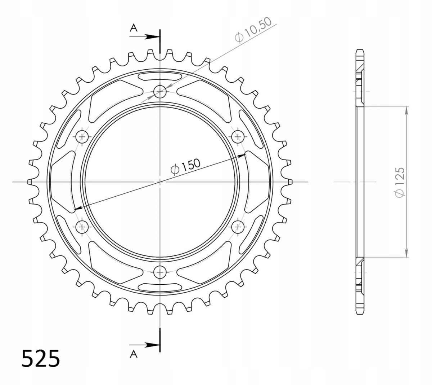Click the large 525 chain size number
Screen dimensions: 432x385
(x=41, y=359)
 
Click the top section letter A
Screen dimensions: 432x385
(x=134, y=28)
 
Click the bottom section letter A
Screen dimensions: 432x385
(x=134, y=354)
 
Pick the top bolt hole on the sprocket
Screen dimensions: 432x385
(x=160, y=92)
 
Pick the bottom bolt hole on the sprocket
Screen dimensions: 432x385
(x=160, y=272)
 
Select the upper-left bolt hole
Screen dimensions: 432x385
(x=82, y=137)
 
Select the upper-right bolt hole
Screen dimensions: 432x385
(x=238, y=137)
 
